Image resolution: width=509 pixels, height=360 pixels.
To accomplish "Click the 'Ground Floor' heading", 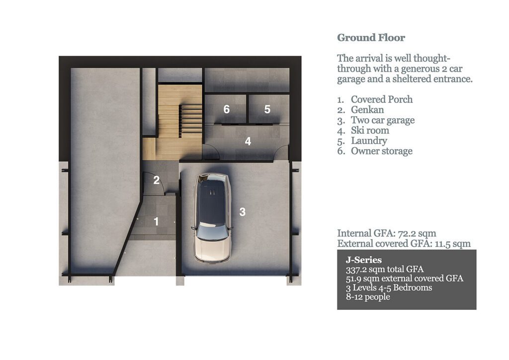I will (x=371, y=38).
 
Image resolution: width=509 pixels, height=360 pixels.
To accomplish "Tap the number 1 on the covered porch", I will (x=156, y=221).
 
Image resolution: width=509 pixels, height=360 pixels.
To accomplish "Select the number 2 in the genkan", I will (x=156, y=180).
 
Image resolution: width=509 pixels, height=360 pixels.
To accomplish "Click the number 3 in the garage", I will (x=242, y=212).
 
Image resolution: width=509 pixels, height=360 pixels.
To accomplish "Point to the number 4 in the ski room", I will (x=248, y=141).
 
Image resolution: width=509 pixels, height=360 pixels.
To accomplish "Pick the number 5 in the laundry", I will (x=267, y=109).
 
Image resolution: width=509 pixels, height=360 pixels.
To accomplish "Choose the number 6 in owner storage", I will (x=226, y=109).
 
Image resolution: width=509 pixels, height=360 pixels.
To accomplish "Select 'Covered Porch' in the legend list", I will (x=381, y=99).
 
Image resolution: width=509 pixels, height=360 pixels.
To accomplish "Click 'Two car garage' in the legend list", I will (x=382, y=120).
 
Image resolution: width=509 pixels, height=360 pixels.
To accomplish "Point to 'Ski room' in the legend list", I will (x=370, y=131).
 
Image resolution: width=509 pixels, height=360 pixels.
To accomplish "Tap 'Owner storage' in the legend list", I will (x=381, y=151).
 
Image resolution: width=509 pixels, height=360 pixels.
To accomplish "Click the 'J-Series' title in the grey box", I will (x=363, y=260).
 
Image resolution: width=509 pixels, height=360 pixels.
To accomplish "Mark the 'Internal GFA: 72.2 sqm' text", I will (x=387, y=233).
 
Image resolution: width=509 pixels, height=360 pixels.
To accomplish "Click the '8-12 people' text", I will (x=367, y=297).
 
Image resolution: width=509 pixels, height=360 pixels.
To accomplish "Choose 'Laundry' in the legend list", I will (x=369, y=141).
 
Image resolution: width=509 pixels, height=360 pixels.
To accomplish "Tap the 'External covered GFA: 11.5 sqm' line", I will (x=404, y=244).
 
